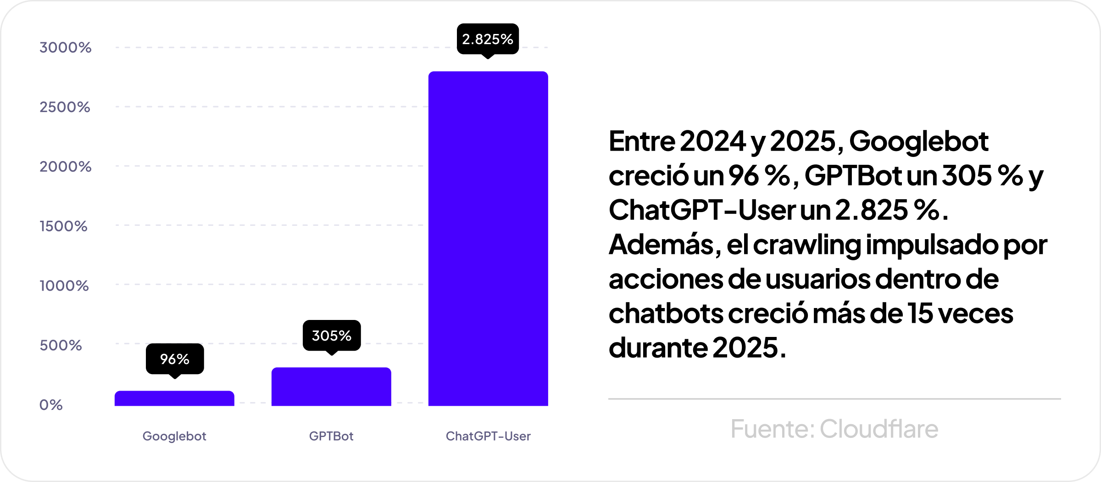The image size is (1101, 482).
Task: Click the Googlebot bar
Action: [x=174, y=398]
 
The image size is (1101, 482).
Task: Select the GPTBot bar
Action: [x=331, y=387]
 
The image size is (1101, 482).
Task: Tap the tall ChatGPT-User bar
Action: [x=488, y=239]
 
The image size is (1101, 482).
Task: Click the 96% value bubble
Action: [x=175, y=359]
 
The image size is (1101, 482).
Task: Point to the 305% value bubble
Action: [x=332, y=336]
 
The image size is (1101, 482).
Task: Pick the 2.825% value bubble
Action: [x=488, y=39]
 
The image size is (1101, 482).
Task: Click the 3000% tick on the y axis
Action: [x=66, y=47]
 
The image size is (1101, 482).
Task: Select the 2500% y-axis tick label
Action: [x=65, y=107]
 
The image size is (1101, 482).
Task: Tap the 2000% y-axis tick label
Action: [x=66, y=166]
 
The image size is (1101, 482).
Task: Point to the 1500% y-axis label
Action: [x=63, y=226]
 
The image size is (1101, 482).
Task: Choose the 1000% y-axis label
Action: [x=64, y=286]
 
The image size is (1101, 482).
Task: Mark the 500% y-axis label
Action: [x=61, y=345]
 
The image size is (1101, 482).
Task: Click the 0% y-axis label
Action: [x=51, y=405]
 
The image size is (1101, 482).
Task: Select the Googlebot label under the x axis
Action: [x=174, y=436]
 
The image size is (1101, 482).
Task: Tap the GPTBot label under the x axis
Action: [x=331, y=436]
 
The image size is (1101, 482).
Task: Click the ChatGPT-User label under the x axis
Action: [x=488, y=436]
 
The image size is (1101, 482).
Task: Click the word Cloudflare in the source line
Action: [x=879, y=429]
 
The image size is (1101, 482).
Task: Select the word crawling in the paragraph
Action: [x=807, y=245]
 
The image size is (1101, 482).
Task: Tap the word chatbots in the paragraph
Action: [x=666, y=314]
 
